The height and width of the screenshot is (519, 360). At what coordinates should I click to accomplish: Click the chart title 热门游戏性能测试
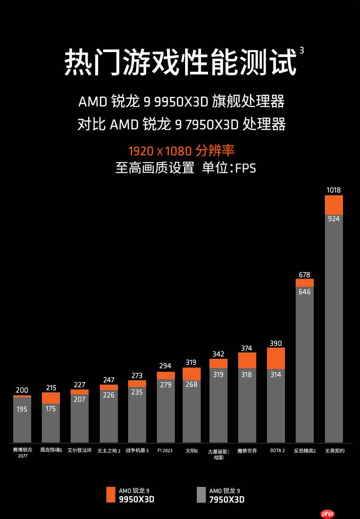(180, 62)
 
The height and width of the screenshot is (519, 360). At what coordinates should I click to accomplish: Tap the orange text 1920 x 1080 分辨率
(182, 150)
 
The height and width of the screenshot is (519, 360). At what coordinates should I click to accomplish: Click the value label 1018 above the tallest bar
(334, 190)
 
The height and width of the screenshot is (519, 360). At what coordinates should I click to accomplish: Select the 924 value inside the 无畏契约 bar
(334, 219)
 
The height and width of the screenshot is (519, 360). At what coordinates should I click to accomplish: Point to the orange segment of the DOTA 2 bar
(276, 358)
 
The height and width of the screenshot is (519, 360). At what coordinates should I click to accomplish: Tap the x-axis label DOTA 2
(277, 451)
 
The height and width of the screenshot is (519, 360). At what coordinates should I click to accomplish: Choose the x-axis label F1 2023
(165, 451)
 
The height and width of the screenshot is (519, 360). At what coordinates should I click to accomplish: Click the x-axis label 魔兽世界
(247, 451)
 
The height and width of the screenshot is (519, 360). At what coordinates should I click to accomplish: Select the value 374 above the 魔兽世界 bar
(246, 348)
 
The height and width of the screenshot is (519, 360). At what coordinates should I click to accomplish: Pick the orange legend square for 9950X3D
(111, 494)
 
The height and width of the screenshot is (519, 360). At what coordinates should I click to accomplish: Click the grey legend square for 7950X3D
(201, 494)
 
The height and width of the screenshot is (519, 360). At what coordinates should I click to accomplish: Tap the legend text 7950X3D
(227, 500)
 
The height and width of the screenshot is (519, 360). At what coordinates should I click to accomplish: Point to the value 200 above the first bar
(22, 390)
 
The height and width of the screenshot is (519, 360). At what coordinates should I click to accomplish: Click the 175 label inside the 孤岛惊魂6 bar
(51, 409)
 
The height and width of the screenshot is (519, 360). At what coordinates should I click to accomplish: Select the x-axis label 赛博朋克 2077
(22, 453)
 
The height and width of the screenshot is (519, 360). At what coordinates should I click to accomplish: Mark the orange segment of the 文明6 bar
(191, 373)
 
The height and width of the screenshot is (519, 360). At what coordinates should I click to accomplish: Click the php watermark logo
(328, 514)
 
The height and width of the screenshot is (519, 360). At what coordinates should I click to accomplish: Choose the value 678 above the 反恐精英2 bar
(304, 275)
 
